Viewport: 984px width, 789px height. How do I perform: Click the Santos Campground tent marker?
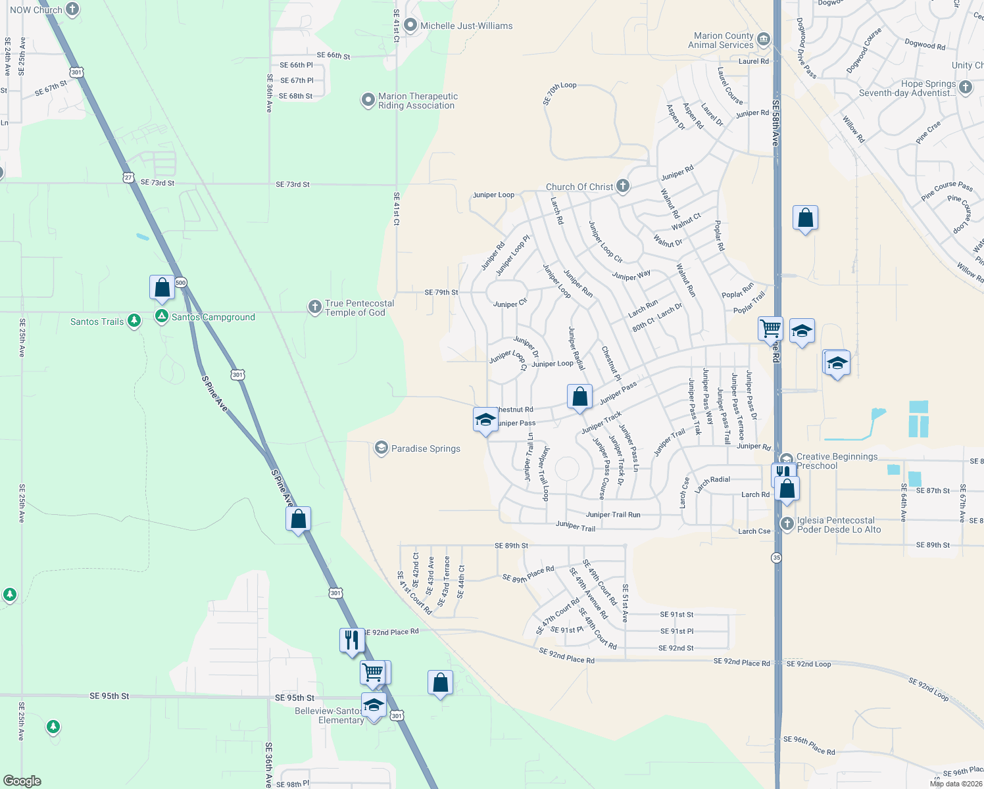pos(161,316)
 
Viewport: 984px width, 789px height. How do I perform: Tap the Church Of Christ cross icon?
pos(622,186)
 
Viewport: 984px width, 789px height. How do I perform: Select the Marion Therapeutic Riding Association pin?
pos(368,101)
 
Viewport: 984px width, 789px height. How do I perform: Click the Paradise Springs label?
pos(426,448)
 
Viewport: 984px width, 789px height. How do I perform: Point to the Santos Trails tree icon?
pos(134,321)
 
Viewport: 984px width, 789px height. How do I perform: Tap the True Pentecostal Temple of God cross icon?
pos(315,307)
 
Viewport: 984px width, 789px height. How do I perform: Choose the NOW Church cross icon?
pos(72,9)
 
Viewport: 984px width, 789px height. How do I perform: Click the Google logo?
pos(22,780)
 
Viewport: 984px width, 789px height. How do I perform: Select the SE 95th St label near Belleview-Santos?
pos(295,698)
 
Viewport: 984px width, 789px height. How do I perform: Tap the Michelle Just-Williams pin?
pos(410,26)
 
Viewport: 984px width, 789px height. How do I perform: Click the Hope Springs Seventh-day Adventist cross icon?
pos(965,87)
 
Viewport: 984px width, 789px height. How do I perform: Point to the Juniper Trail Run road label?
pos(613,515)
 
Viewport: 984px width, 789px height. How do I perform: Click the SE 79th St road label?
pos(441,292)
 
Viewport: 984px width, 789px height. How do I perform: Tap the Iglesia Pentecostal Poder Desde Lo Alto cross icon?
pos(787,523)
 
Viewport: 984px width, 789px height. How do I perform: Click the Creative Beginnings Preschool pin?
pos(787,460)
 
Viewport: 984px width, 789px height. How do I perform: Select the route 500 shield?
pos(181,283)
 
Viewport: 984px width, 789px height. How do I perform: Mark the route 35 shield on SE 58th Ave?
pos(777,558)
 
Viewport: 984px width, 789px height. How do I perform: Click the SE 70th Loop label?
pos(560,93)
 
